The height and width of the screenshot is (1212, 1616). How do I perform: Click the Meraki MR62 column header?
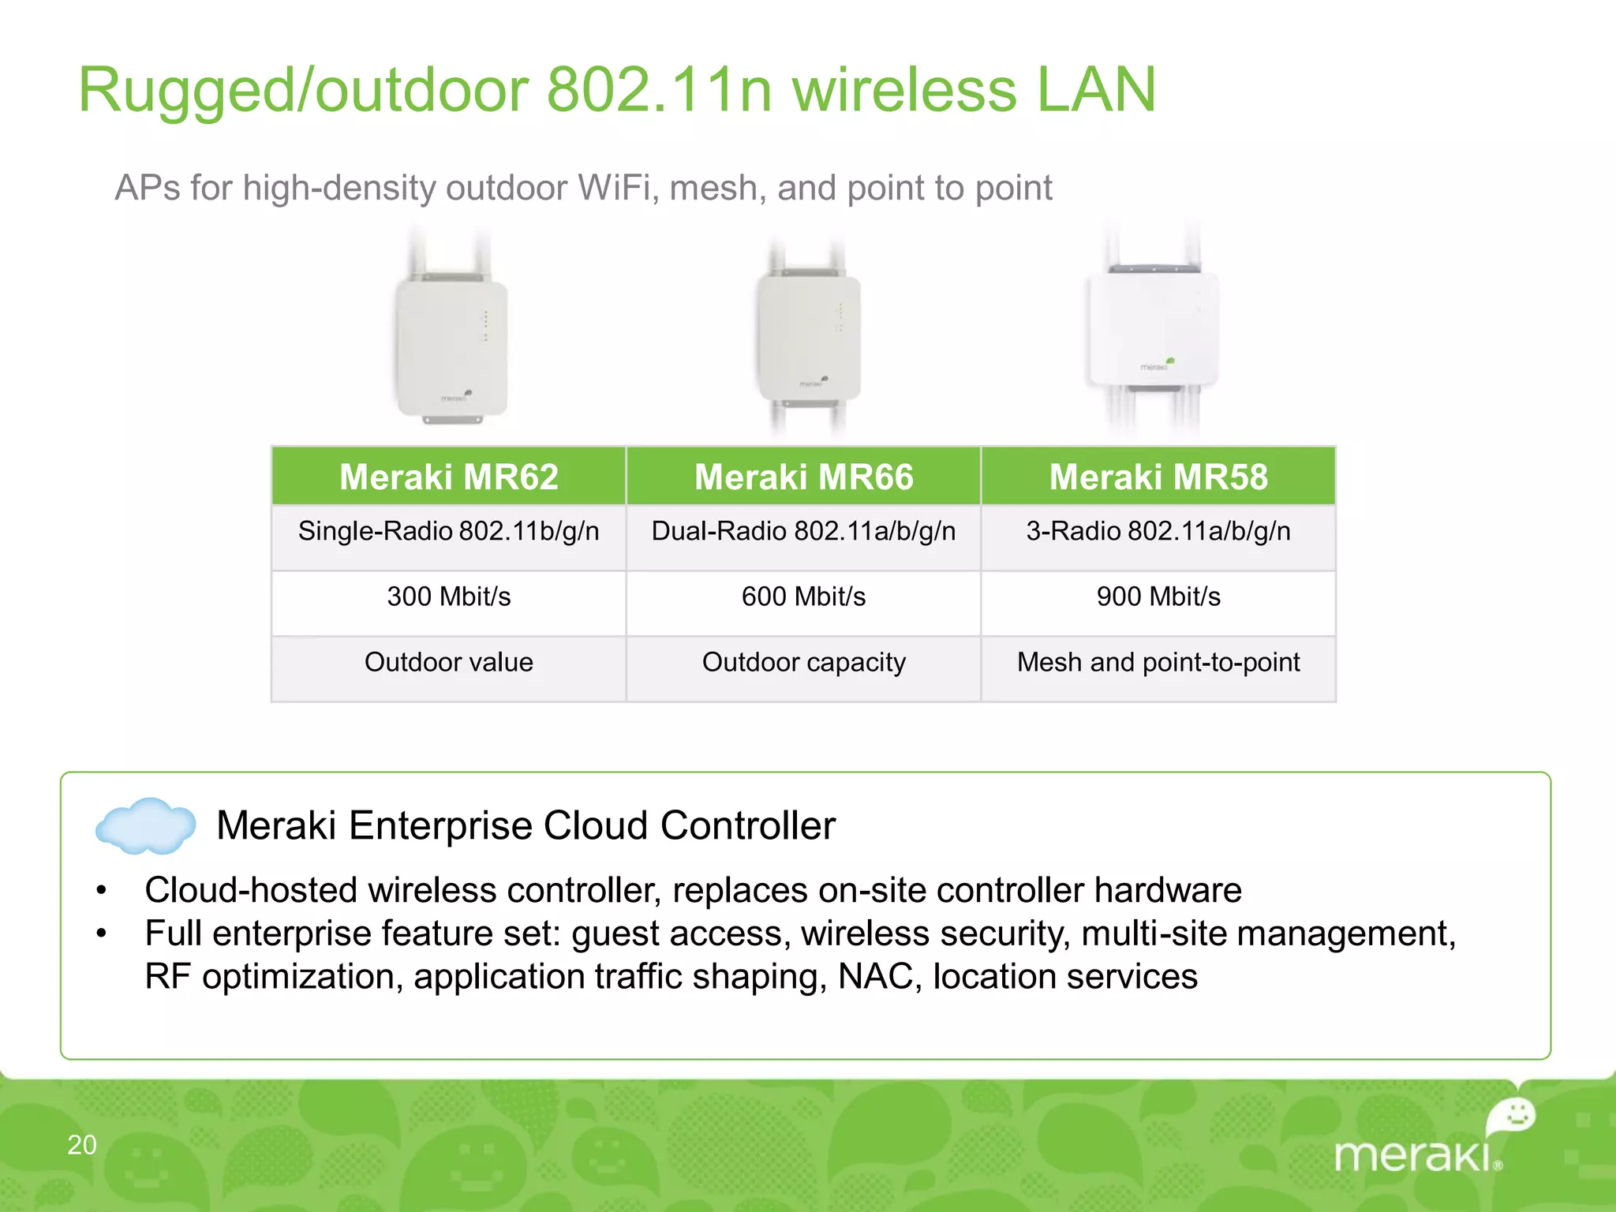click(448, 477)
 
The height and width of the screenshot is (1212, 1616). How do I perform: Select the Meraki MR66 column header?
click(803, 477)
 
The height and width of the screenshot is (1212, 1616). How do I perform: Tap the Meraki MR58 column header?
click(1158, 477)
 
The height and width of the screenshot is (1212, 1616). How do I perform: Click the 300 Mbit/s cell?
click(448, 597)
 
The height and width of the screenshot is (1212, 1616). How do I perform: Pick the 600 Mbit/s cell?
click(803, 597)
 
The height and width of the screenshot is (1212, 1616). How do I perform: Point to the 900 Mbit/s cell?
click(1158, 597)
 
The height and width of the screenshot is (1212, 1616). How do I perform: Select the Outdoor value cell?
click(448, 662)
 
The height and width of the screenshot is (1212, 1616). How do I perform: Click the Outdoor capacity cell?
click(803, 662)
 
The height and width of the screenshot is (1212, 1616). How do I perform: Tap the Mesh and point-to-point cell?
click(1158, 662)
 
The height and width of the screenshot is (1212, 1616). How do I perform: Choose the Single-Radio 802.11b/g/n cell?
click(448, 531)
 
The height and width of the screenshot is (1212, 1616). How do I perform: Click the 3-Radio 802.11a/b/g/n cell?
click(1158, 531)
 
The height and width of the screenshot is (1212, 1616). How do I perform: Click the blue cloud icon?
click(145, 826)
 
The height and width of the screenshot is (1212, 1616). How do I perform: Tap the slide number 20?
click(82, 1145)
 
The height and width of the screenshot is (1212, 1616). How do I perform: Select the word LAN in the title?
click(1095, 90)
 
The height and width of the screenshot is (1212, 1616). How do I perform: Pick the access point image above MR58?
click(1153, 331)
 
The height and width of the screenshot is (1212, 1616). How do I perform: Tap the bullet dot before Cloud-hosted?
click(101, 891)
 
